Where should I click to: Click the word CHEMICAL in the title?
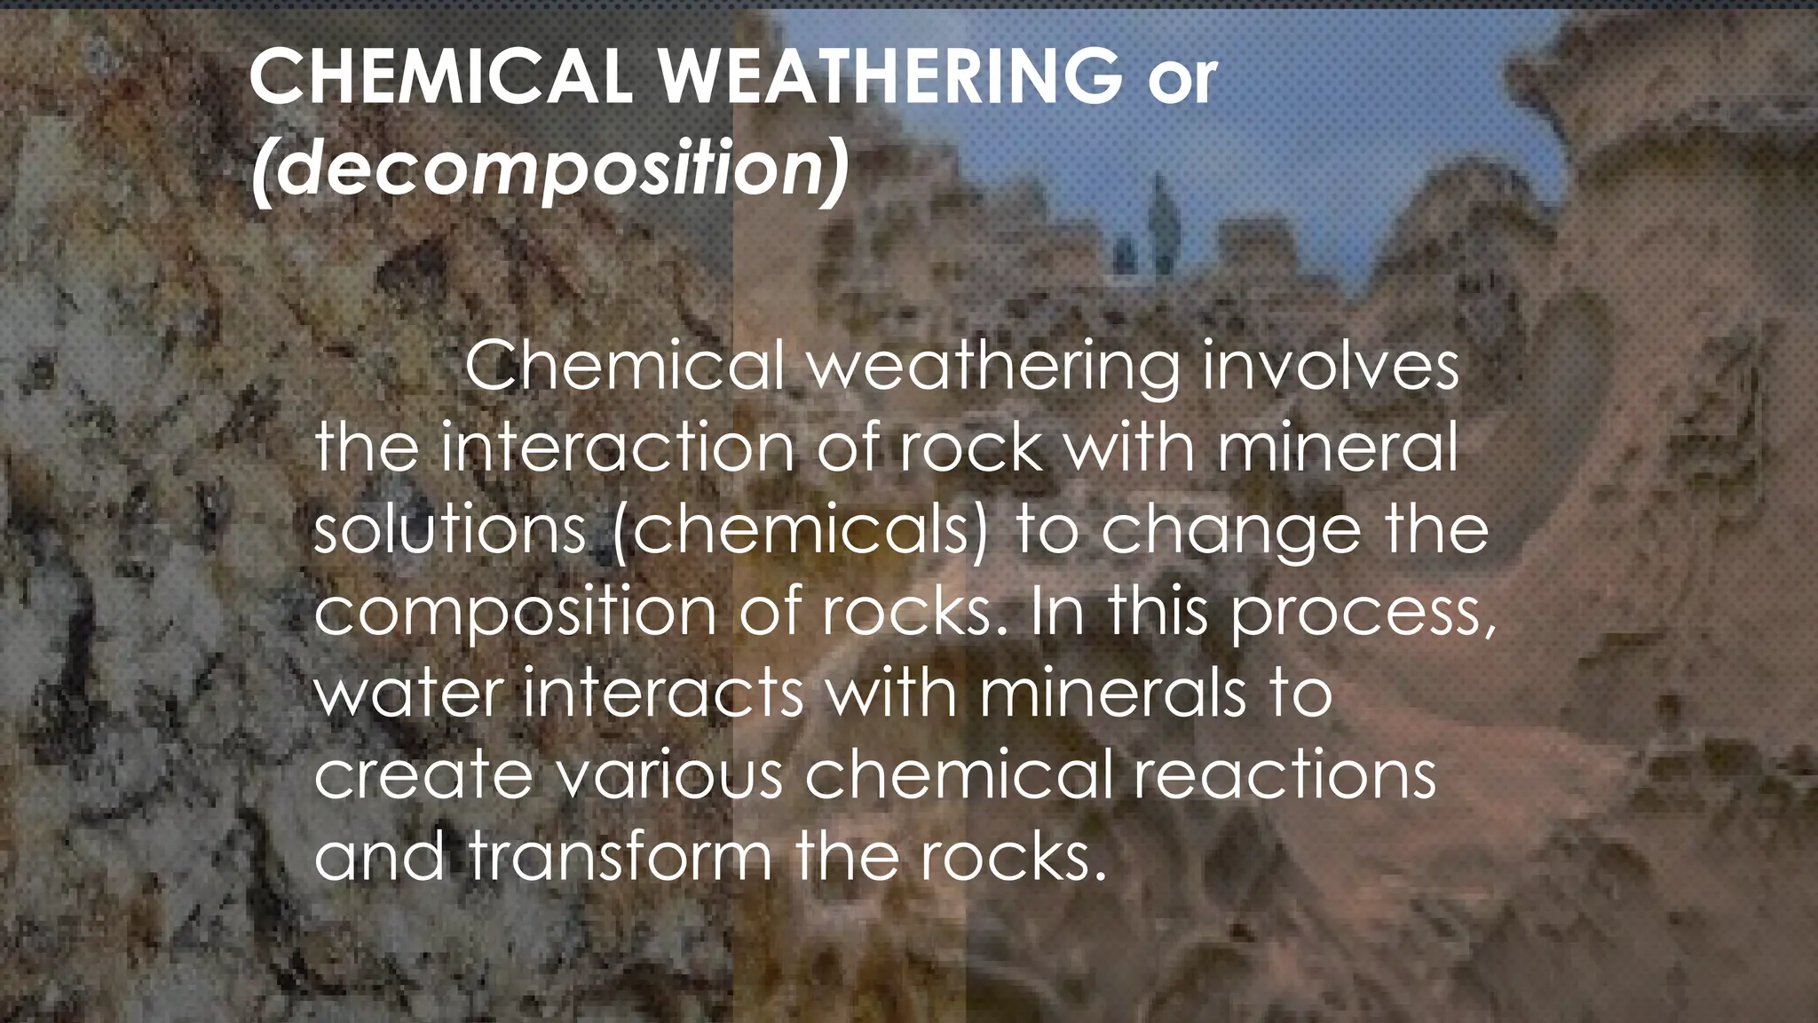click(x=440, y=76)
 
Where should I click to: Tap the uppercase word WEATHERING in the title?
click(x=890, y=76)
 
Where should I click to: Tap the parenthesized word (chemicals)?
click(x=800, y=530)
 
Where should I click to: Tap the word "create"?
click(x=423, y=774)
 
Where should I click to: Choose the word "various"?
click(x=670, y=774)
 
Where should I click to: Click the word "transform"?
click(x=620, y=856)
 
